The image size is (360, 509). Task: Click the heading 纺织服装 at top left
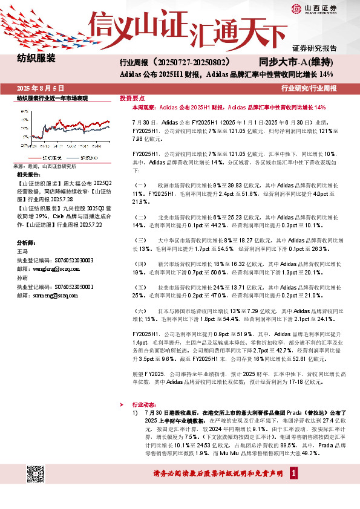(36, 59)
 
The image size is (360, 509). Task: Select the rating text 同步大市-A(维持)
(296, 62)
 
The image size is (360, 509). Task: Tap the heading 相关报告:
(28, 174)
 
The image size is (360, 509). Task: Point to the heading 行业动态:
(144, 407)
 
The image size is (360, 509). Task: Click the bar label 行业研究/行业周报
(309, 88)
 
